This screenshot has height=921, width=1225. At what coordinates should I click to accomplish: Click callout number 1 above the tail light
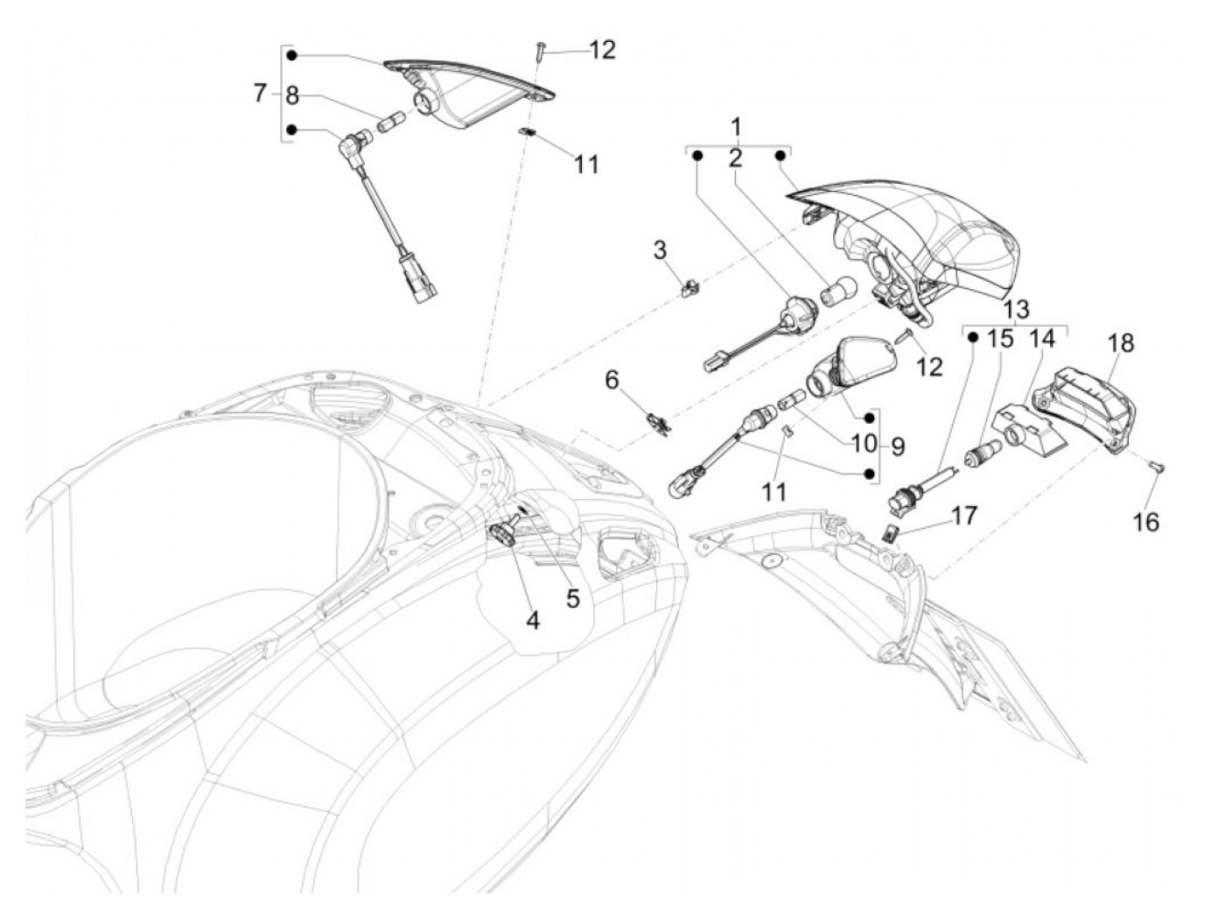pyautogui.click(x=736, y=124)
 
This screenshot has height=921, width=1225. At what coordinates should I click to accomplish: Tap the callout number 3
pyautogui.click(x=660, y=250)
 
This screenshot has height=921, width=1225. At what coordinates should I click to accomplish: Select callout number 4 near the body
pyautogui.click(x=533, y=620)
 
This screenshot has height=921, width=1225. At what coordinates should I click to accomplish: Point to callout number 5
pyautogui.click(x=573, y=598)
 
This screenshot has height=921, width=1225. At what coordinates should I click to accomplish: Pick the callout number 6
pyautogui.click(x=612, y=380)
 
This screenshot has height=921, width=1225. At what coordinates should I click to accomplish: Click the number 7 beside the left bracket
pyautogui.click(x=260, y=93)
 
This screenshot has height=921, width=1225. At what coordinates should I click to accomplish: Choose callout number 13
pyautogui.click(x=1016, y=309)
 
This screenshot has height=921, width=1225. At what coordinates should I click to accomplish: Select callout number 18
pyautogui.click(x=1121, y=342)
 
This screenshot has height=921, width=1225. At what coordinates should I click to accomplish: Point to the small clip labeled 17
pyautogui.click(x=890, y=531)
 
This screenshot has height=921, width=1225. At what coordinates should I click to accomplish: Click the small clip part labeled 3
pyautogui.click(x=690, y=285)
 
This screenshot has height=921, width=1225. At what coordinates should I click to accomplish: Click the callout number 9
pyautogui.click(x=898, y=446)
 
